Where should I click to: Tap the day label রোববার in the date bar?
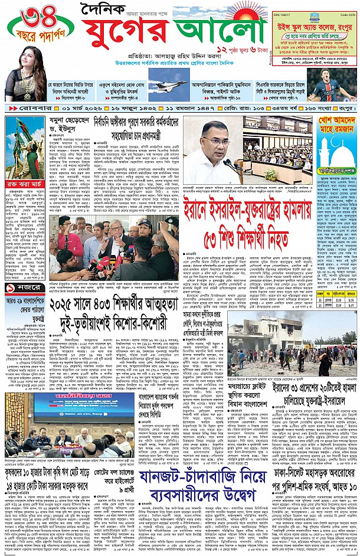click(x=25, y=110)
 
